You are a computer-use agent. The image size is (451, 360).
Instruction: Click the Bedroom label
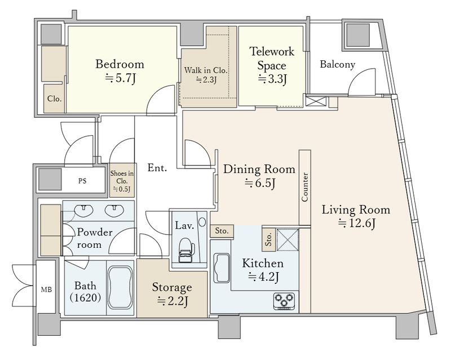(120, 64)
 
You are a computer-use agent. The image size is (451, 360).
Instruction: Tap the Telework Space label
(272, 59)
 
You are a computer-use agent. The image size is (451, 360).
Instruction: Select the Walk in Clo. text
(206, 70)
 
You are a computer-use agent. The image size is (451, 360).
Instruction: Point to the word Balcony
(337, 64)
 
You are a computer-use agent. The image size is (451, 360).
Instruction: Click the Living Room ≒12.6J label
(356, 216)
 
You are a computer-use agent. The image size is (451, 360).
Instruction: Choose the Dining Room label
(259, 169)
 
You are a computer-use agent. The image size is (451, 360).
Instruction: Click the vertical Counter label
(305, 187)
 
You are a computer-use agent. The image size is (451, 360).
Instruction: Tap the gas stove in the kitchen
(285, 301)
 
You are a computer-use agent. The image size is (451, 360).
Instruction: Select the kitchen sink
(222, 268)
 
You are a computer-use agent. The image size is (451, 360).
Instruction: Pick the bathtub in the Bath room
(121, 287)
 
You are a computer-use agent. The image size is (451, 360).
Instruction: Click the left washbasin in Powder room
(84, 211)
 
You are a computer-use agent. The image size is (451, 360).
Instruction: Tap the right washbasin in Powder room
(114, 211)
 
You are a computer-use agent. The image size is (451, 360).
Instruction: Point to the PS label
(82, 181)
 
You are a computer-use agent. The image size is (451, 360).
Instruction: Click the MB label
(46, 290)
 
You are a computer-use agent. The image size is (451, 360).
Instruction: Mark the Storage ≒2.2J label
(172, 294)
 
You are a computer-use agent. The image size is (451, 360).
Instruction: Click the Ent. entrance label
(157, 168)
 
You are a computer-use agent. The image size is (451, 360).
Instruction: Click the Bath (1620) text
(86, 292)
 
